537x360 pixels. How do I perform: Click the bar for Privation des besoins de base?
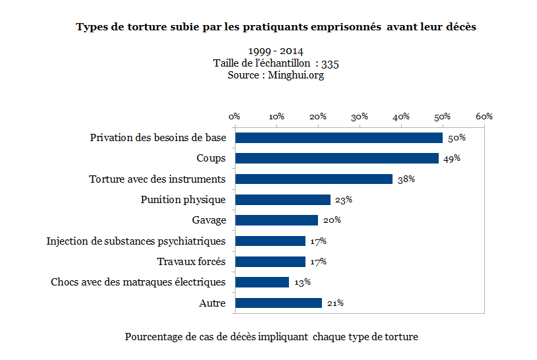(339, 138)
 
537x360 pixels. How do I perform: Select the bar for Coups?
(337, 158)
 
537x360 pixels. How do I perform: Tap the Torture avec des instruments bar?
(314, 179)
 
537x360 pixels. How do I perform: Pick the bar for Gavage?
(276, 220)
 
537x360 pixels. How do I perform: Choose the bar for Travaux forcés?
(270, 262)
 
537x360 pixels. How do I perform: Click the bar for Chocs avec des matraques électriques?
(262, 282)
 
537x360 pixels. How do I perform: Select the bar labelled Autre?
(278, 303)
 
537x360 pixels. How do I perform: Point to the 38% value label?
(406, 179)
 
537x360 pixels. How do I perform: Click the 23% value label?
(343, 200)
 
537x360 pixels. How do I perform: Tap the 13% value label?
(302, 282)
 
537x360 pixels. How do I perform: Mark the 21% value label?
(335, 303)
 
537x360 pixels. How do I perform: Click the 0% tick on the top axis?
(234, 116)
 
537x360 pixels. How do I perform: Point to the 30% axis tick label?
(360, 116)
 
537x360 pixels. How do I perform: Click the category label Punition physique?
(183, 200)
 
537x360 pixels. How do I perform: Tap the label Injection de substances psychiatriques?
(136, 241)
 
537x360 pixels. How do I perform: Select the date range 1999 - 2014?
(276, 51)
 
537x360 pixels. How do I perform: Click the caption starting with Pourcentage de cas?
(271, 336)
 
